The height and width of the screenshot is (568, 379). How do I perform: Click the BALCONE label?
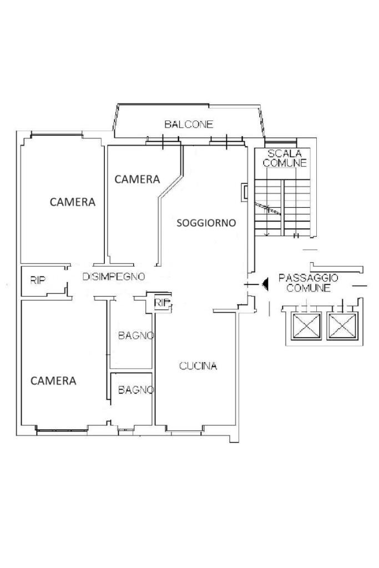[189, 124]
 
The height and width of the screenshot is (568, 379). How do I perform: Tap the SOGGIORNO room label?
[206, 223]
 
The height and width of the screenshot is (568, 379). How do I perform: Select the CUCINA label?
[198, 366]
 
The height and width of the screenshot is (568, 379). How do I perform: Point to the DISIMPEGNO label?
[114, 277]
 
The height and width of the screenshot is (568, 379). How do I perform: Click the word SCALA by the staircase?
[285, 153]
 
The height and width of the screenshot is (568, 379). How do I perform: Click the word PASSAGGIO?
[309, 278]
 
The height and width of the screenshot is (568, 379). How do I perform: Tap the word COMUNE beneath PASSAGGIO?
[309, 288]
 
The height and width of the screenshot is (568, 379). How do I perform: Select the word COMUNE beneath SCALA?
[285, 163]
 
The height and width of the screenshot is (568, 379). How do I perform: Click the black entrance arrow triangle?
[265, 284]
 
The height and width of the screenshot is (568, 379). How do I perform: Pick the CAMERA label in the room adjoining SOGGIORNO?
[137, 179]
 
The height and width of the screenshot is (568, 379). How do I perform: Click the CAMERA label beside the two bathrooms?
[53, 381]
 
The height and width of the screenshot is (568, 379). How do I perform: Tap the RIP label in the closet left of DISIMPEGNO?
[38, 280]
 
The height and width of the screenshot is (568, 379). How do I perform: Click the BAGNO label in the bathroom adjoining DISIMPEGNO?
[136, 336]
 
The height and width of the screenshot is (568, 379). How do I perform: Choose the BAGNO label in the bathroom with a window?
[136, 390]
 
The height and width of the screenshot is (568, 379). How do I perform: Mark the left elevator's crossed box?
[307, 326]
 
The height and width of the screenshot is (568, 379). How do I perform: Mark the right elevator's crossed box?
[342, 326]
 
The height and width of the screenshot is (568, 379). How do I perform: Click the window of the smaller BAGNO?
[126, 430]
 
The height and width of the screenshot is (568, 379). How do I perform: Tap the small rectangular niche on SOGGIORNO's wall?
[245, 192]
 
